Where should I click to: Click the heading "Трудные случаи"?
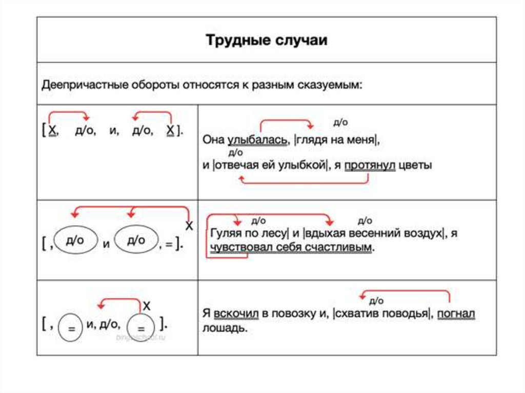(x=266, y=40)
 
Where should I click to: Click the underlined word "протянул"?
(x=370, y=166)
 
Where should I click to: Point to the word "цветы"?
(x=415, y=166)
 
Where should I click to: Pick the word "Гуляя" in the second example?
(x=224, y=234)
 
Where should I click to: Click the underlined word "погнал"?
(x=456, y=314)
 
